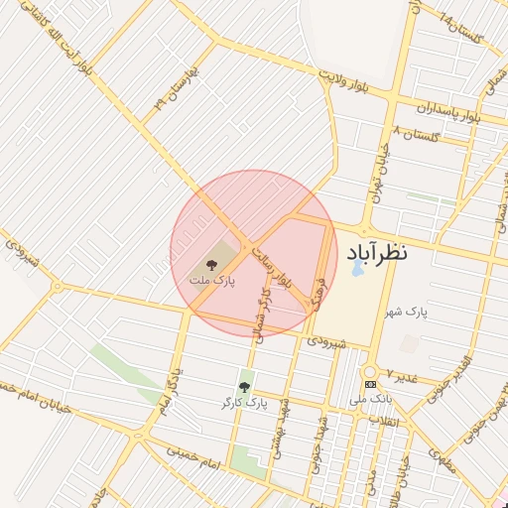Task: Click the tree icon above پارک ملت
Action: pos(210,264)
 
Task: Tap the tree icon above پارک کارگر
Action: pos(244,387)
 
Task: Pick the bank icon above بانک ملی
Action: pos(370,384)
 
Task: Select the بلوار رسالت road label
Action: pos(275,268)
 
